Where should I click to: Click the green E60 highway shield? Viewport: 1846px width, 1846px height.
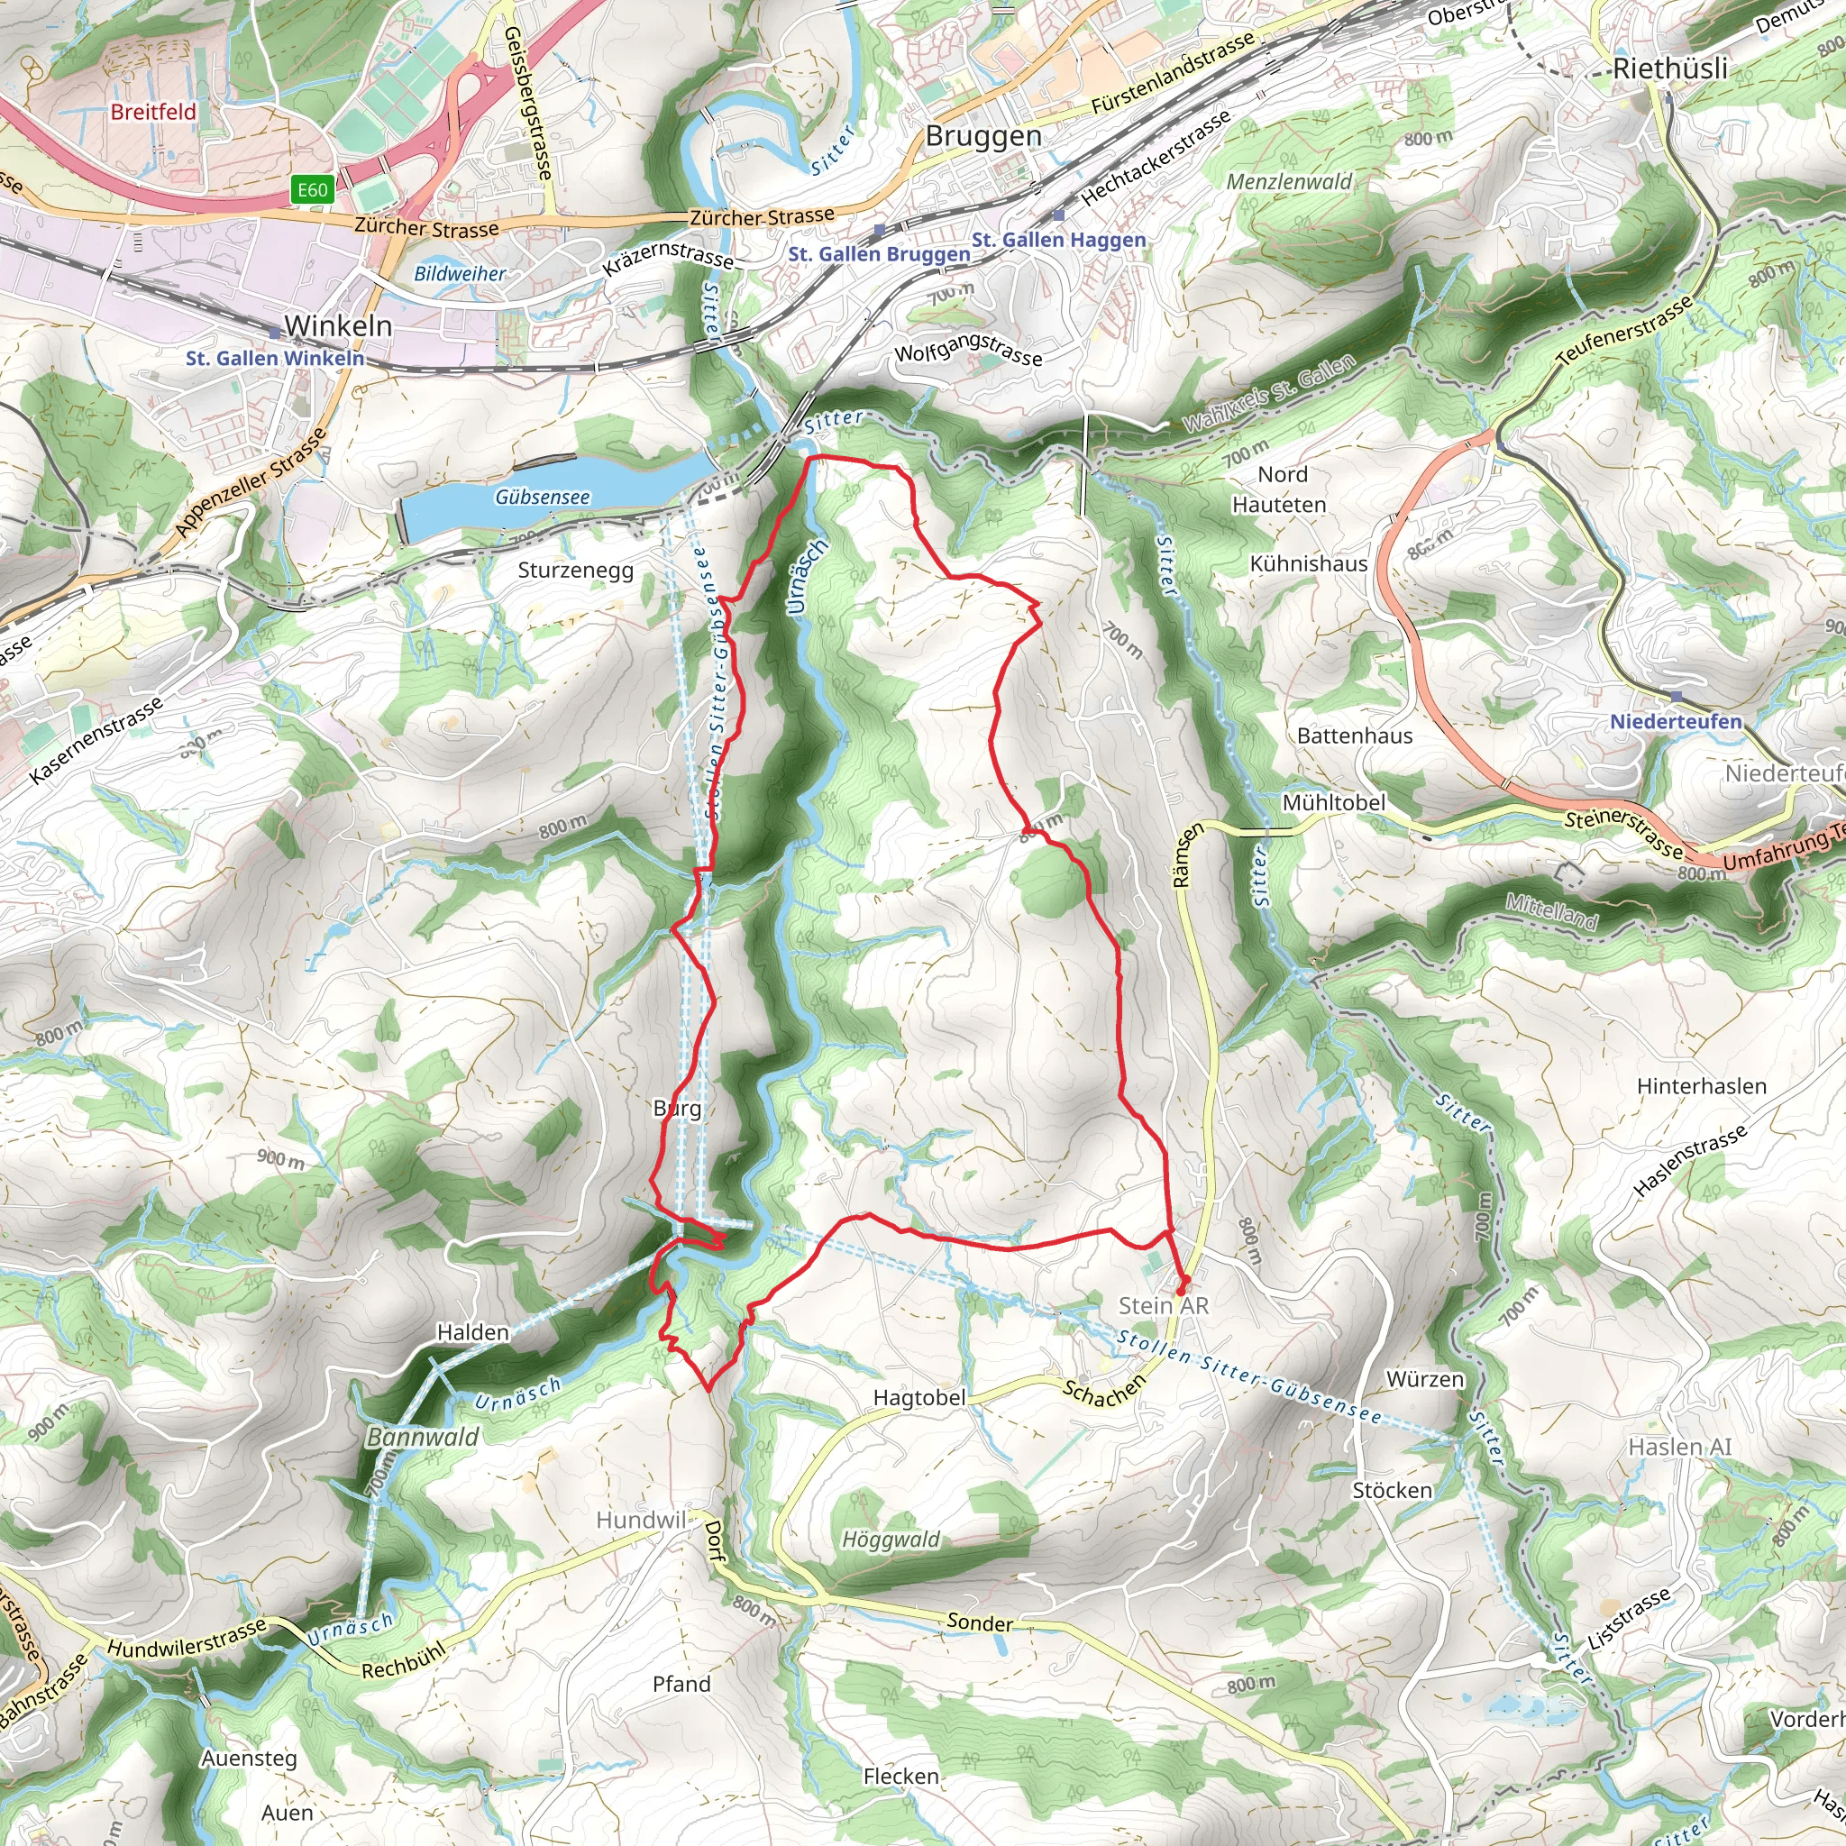pyautogui.click(x=313, y=189)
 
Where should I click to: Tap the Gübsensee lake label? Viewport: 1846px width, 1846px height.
pyautogui.click(x=542, y=497)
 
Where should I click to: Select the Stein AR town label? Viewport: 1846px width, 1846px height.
pyautogui.click(x=1163, y=1305)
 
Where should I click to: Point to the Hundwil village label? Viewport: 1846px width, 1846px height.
pyautogui.click(x=640, y=1521)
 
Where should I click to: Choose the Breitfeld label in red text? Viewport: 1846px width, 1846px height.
pyautogui.click(x=153, y=112)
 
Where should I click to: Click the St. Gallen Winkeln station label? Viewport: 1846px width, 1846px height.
pyautogui.click(x=275, y=359)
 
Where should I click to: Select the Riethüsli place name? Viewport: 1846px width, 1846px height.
pyautogui.click(x=1670, y=69)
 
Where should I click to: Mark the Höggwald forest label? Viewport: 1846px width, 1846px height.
pyautogui.click(x=891, y=1540)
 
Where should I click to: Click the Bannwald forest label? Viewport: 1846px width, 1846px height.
pyautogui.click(x=423, y=1437)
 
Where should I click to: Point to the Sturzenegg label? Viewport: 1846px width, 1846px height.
pyautogui.click(x=575, y=571)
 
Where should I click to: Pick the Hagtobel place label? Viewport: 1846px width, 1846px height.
pyautogui.click(x=919, y=1398)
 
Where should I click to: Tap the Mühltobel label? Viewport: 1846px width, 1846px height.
pyautogui.click(x=1333, y=802)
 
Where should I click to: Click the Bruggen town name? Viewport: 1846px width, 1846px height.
pyautogui.click(x=983, y=136)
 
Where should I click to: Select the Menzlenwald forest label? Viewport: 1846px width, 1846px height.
pyautogui.click(x=1289, y=181)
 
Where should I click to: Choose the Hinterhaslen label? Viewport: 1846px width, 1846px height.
pyautogui.click(x=1701, y=1086)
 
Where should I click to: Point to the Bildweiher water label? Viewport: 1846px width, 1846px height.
pyautogui.click(x=460, y=274)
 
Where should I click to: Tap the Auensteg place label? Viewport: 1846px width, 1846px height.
pyautogui.click(x=249, y=1758)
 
